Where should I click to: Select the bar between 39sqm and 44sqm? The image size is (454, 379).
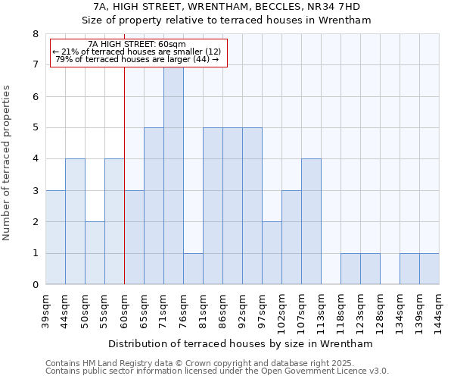click(55, 237)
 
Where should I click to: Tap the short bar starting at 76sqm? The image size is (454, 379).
click(193, 269)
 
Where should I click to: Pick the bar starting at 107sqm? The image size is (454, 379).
click(311, 221)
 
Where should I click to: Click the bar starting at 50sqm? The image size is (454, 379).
click(95, 253)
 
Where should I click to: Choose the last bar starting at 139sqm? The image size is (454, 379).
click(429, 269)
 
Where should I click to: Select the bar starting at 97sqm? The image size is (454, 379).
click(272, 253)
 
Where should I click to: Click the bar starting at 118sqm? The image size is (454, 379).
click(350, 269)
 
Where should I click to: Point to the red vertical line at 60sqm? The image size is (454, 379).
click(124, 189)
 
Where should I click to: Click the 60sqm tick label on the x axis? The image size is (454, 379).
click(124, 311)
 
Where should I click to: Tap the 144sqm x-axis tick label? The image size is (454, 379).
click(439, 311)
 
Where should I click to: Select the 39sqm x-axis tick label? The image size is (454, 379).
click(45, 311)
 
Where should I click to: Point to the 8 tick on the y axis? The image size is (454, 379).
click(35, 34)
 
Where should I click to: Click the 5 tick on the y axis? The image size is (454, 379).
click(35, 128)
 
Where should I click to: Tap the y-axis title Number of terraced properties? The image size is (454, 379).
click(7, 163)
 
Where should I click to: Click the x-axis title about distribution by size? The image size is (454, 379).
click(242, 343)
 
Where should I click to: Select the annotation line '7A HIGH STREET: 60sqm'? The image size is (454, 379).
click(137, 45)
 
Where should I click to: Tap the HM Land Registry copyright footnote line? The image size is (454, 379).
click(205, 363)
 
